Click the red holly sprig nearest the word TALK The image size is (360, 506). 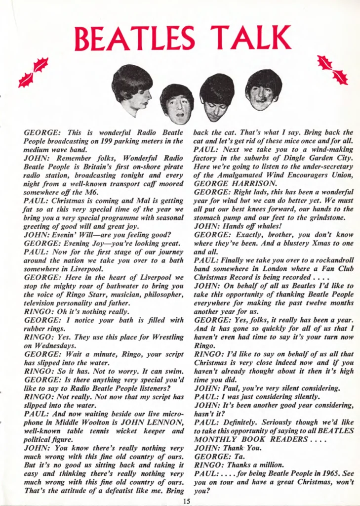(332, 70)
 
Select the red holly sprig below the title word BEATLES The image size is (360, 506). (33, 72)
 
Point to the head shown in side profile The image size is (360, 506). (133, 89)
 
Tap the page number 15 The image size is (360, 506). (186, 501)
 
